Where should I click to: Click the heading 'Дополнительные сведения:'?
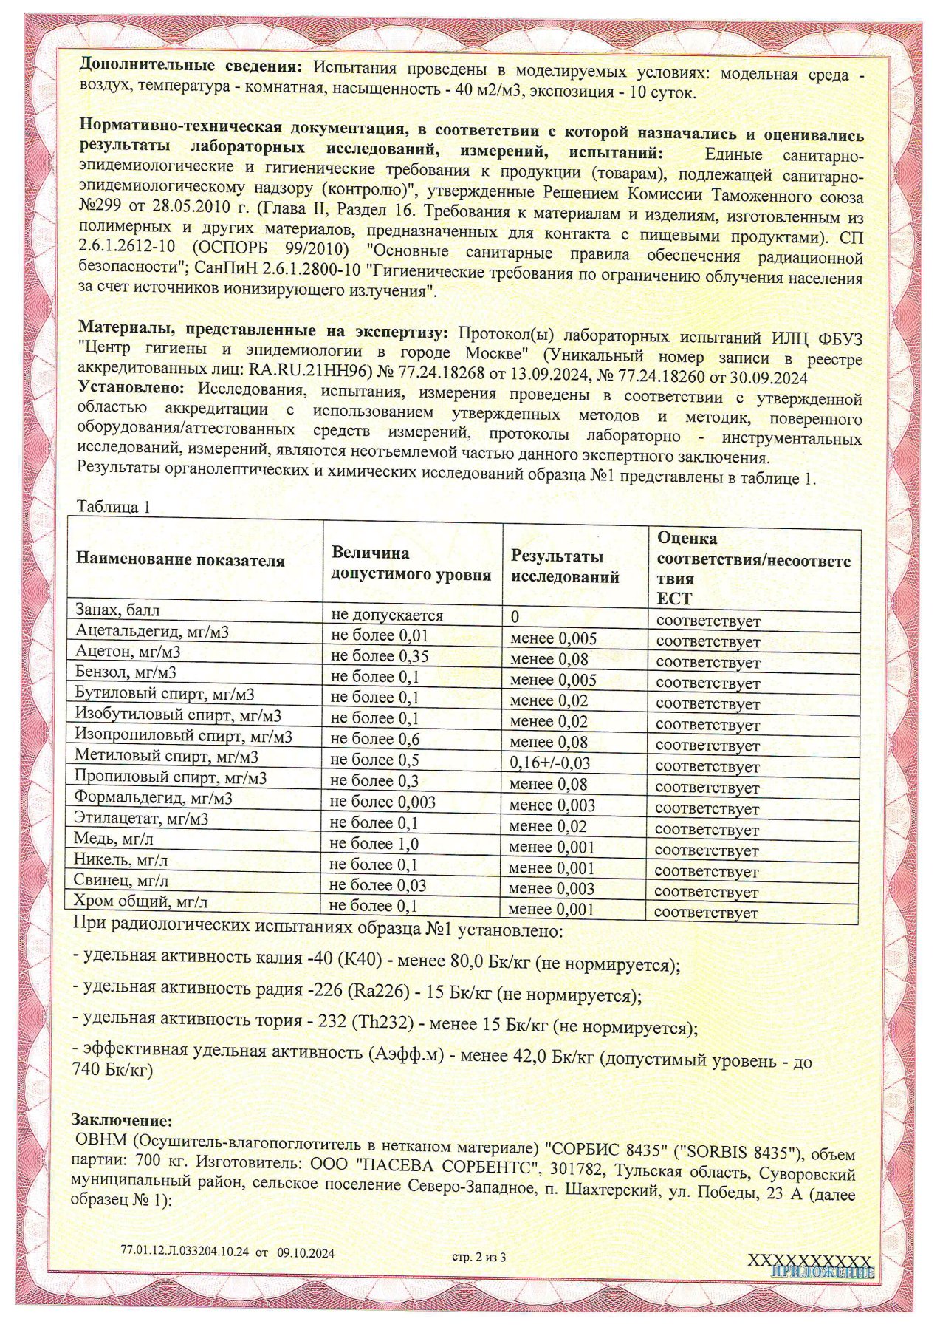[191, 66]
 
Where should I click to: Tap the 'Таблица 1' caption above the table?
[114, 507]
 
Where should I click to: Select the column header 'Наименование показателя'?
[180, 560]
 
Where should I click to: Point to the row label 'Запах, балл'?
[117, 610]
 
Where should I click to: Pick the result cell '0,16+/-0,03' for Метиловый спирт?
[550, 763]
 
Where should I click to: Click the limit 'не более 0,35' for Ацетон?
[380, 656]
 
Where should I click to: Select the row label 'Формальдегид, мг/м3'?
[154, 798]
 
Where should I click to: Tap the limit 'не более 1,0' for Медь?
[374, 844]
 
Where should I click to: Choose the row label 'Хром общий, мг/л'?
[140, 901]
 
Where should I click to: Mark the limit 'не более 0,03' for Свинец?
[378, 885]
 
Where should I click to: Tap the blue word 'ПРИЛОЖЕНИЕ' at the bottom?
[822, 1272]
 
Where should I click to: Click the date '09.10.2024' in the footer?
[306, 1253]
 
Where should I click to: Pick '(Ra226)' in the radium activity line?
[378, 991]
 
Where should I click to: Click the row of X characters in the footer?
[809, 1260]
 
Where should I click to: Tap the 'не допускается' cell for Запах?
[387, 615]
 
